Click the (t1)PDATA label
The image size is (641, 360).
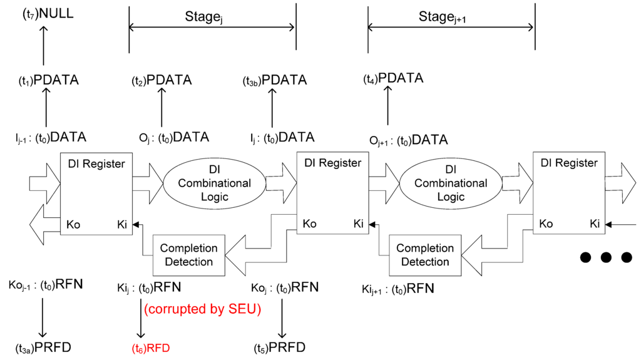click(48, 80)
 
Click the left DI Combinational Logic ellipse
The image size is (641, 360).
click(214, 183)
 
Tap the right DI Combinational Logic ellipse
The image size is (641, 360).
click(450, 183)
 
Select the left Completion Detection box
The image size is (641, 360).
click(188, 255)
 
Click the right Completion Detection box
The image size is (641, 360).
click(424, 255)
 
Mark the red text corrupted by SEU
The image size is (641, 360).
click(202, 309)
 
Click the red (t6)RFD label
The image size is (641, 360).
click(150, 348)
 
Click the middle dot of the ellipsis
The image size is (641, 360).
click(606, 257)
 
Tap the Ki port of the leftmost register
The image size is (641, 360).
click(122, 224)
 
